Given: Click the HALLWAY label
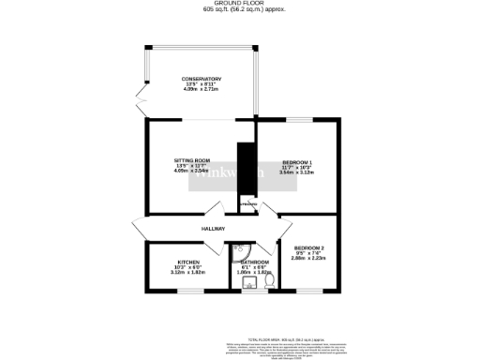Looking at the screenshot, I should coord(213,229).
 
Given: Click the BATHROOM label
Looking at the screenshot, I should coord(255,262).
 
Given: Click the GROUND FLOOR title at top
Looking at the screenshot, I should coord(240,3).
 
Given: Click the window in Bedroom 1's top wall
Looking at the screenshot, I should coord(300,119).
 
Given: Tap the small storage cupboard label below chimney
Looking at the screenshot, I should coord(247,204).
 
